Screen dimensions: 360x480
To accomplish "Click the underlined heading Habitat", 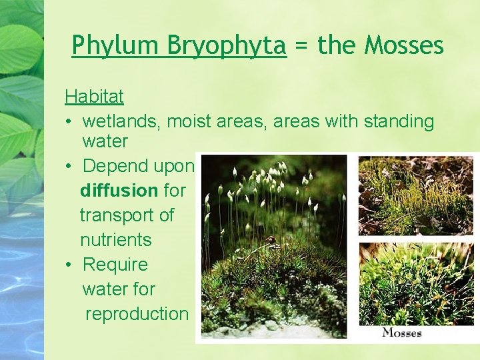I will (x=94, y=97).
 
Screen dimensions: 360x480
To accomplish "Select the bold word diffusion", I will (x=119, y=191).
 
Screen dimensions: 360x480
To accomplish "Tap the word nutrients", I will (x=115, y=240).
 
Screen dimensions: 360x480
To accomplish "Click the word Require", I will (x=115, y=265).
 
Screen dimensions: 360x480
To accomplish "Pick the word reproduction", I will (x=137, y=314).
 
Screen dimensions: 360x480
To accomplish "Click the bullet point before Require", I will (x=69, y=265).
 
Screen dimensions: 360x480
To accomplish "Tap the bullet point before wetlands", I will (x=69, y=121).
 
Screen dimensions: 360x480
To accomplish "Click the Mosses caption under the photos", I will (x=402, y=332).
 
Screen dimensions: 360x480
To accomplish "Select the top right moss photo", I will (x=416, y=195).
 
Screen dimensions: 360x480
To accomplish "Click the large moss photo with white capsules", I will (x=275, y=247).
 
